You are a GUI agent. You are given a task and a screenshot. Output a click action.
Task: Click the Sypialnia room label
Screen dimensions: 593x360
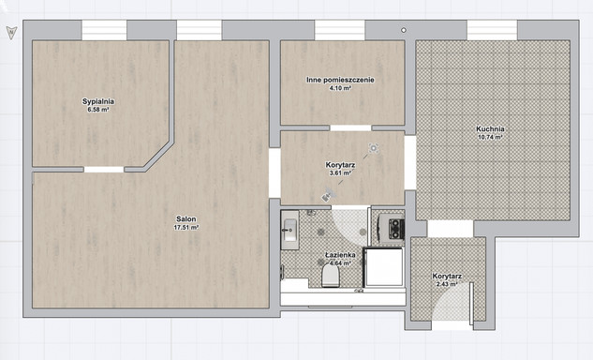(98, 101)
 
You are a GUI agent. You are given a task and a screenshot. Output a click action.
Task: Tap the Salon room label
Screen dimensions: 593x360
(186, 219)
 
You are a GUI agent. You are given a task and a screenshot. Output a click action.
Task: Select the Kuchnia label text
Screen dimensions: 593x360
(490, 129)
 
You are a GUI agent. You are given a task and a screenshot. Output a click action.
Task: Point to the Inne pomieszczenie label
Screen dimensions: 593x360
(340, 80)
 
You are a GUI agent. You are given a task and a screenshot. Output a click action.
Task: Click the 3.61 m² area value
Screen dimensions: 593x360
(340, 173)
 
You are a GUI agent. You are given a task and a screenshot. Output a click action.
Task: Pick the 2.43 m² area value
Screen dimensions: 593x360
(447, 284)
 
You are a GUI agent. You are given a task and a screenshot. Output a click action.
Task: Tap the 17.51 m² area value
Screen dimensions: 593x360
(186, 228)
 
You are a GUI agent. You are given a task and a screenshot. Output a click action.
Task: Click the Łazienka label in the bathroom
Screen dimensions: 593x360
(340, 255)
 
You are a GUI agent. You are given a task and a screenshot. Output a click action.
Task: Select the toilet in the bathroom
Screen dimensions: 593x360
(331, 276)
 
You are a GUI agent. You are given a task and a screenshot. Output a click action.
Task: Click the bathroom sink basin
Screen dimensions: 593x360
(290, 230)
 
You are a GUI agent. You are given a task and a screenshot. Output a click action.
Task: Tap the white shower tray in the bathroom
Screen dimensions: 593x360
(383, 267)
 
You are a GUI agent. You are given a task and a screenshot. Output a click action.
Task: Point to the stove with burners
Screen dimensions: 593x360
(396, 229)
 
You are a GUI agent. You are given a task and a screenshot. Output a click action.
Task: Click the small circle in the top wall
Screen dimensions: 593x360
(404, 30)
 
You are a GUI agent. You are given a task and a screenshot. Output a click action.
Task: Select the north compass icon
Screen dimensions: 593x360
(12, 33)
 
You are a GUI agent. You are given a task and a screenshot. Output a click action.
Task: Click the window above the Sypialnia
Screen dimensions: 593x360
(104, 30)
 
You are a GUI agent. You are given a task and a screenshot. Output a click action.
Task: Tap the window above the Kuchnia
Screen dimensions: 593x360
(492, 30)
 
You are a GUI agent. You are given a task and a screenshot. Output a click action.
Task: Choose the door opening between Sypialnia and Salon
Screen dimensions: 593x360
(104, 170)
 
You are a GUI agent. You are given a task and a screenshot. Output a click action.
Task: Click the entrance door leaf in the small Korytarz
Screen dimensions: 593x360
(471, 303)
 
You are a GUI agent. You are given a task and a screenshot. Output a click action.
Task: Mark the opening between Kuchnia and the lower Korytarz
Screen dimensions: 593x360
(450, 229)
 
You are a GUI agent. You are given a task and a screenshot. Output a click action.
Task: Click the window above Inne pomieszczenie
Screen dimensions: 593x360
(340, 30)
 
